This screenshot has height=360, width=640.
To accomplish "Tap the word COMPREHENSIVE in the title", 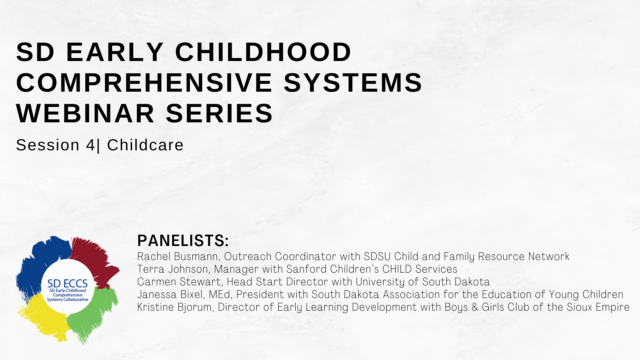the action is tap(144, 83).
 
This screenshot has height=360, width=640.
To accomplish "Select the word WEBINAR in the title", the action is tap(85, 113).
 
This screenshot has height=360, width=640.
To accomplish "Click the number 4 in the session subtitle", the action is tap(90, 145).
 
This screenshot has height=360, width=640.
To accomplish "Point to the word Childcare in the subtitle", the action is tap(145, 145).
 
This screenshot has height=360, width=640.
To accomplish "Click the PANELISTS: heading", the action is tap(183, 241).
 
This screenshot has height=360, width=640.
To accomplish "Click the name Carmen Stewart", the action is tap(179, 282).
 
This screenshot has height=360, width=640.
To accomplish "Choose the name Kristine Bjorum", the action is tap(174, 307).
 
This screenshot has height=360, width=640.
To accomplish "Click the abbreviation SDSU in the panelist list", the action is tap(377, 256).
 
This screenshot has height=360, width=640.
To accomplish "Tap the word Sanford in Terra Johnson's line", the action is tap(306, 269).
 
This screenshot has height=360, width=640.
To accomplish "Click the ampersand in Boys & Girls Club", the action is tap(475, 307).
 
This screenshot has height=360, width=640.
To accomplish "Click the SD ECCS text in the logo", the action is tap(67, 284).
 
